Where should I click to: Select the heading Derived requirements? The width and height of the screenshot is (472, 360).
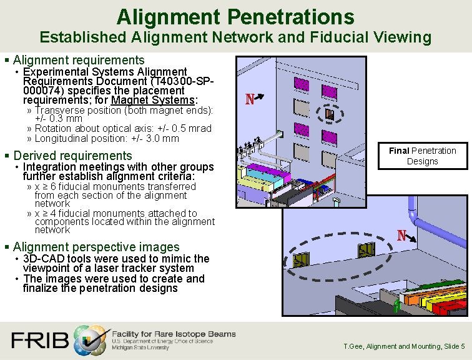click(x=72, y=156)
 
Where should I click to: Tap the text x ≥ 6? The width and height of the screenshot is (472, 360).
click(x=47, y=186)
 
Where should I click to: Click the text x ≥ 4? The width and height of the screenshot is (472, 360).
click(x=47, y=213)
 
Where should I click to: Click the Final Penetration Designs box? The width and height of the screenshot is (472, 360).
click(x=423, y=156)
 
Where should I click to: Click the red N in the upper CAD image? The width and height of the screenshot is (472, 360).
click(x=250, y=99)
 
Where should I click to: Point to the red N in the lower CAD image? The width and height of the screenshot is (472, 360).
click(x=403, y=236)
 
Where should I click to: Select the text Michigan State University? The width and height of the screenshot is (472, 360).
click(x=140, y=347)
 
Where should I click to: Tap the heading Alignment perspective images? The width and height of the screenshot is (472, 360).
click(x=96, y=247)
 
